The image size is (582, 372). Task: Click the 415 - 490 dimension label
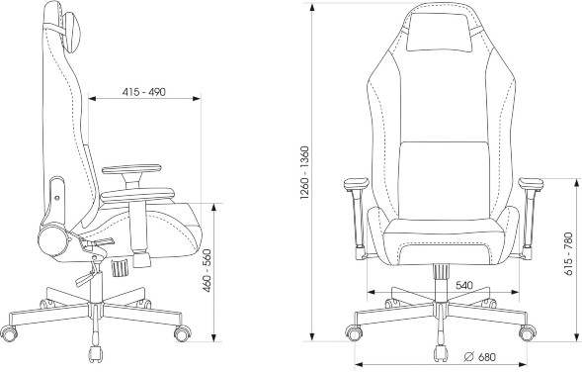[143, 91]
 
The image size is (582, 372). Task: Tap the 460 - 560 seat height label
[208, 270]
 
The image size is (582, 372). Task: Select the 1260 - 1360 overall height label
[304, 173]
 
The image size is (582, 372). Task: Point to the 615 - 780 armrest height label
[568, 254]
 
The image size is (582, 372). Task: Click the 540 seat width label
[464, 285]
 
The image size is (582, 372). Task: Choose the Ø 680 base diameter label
[480, 357]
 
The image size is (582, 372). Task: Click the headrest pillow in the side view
[72, 32]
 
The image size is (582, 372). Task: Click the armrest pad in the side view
[131, 170]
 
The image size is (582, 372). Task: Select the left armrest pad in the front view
[356, 184]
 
